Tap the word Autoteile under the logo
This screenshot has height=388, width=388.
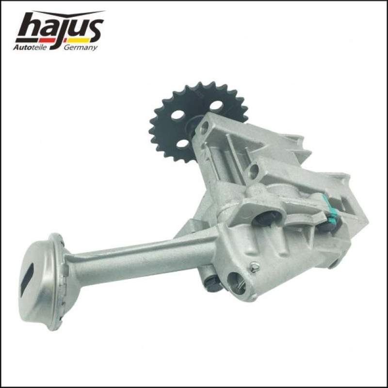pyautogui.click(x=30, y=47)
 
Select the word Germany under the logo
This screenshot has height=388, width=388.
pyautogui.click(x=81, y=48)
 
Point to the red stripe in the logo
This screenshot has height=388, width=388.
pyautogui.click(x=47, y=40)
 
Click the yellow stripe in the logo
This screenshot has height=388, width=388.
pyautogui.click(x=78, y=40)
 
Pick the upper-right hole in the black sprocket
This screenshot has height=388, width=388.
pyautogui.click(x=216, y=106)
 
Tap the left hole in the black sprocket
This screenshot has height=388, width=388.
pyautogui.click(x=178, y=115)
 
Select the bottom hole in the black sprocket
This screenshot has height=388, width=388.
pyautogui.click(x=184, y=144)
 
